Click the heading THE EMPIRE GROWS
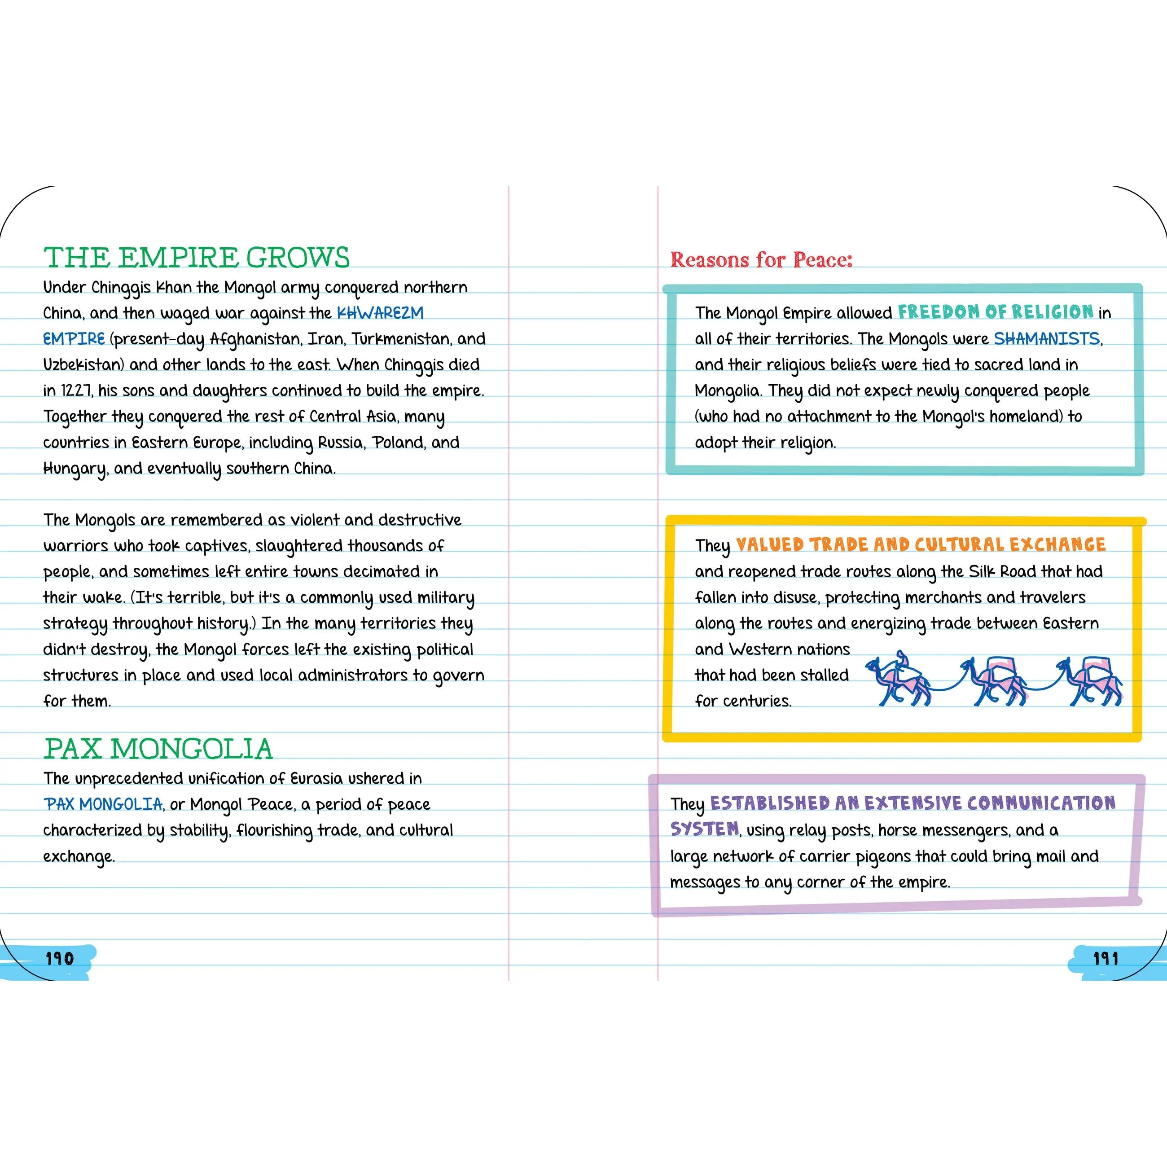(196, 258)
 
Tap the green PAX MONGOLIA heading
(158, 749)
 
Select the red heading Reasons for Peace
(761, 260)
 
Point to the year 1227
(76, 391)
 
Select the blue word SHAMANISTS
(1047, 339)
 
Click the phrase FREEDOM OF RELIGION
(996, 312)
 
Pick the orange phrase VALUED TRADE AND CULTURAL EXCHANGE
(921, 545)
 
